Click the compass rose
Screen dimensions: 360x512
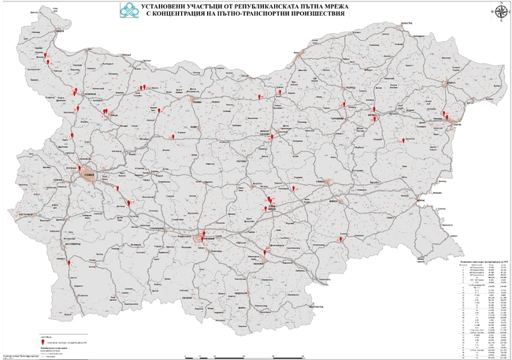[x=499, y=10]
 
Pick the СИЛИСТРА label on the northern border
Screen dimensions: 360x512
[x=406, y=24]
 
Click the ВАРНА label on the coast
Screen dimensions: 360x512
[x=454, y=124]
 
